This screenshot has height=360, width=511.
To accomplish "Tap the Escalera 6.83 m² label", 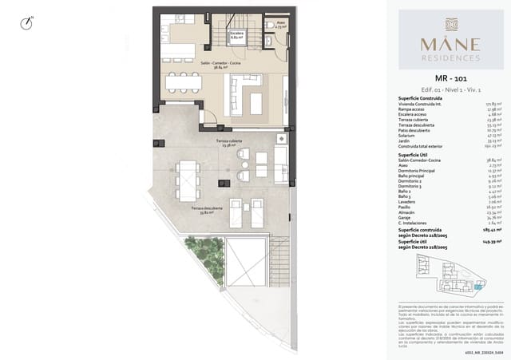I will coord(237,36).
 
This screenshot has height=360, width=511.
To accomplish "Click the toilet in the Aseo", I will coord(269,25).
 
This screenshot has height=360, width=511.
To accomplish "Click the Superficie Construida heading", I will coord(420,98).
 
